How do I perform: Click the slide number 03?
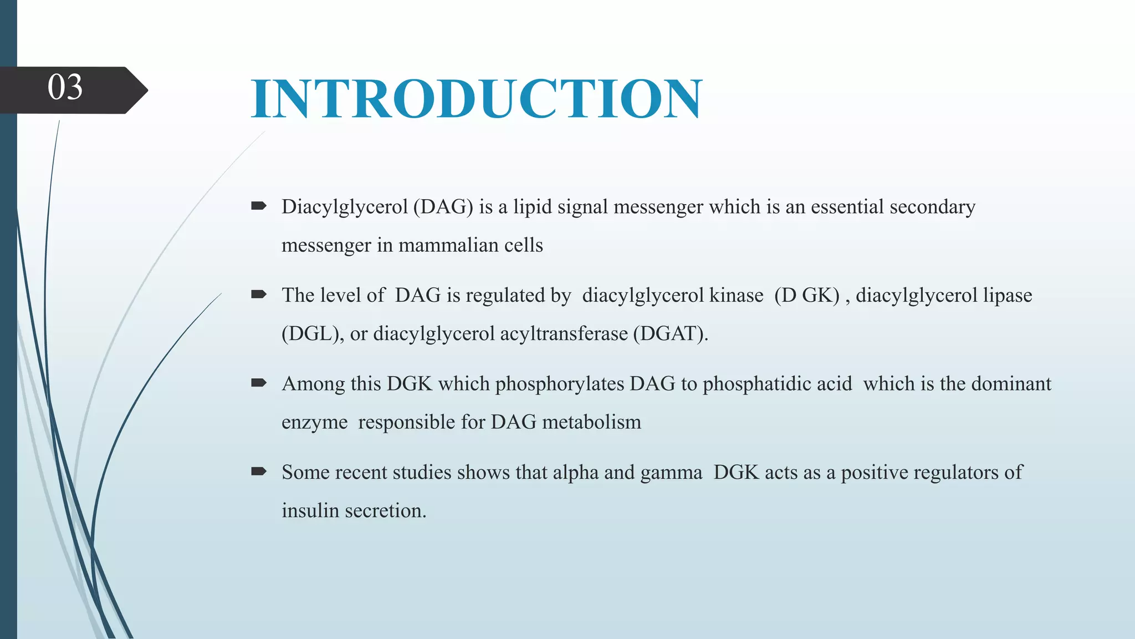point(65,88)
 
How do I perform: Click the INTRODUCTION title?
point(476,99)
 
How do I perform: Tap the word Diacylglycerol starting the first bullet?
point(344,207)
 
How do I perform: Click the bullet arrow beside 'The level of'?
point(258,295)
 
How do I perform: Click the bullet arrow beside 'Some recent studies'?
point(258,471)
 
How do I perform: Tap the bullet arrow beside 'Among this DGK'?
point(258,383)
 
